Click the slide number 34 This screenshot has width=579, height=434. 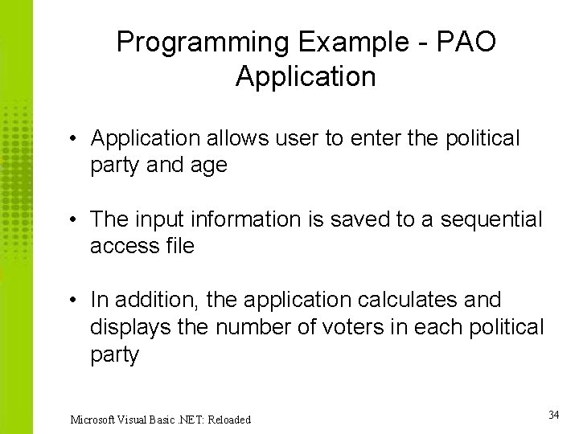(x=553, y=415)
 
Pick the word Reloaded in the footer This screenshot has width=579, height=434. (x=228, y=420)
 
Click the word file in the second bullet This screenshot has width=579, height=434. (x=179, y=247)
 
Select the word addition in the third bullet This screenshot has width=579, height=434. (x=156, y=301)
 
